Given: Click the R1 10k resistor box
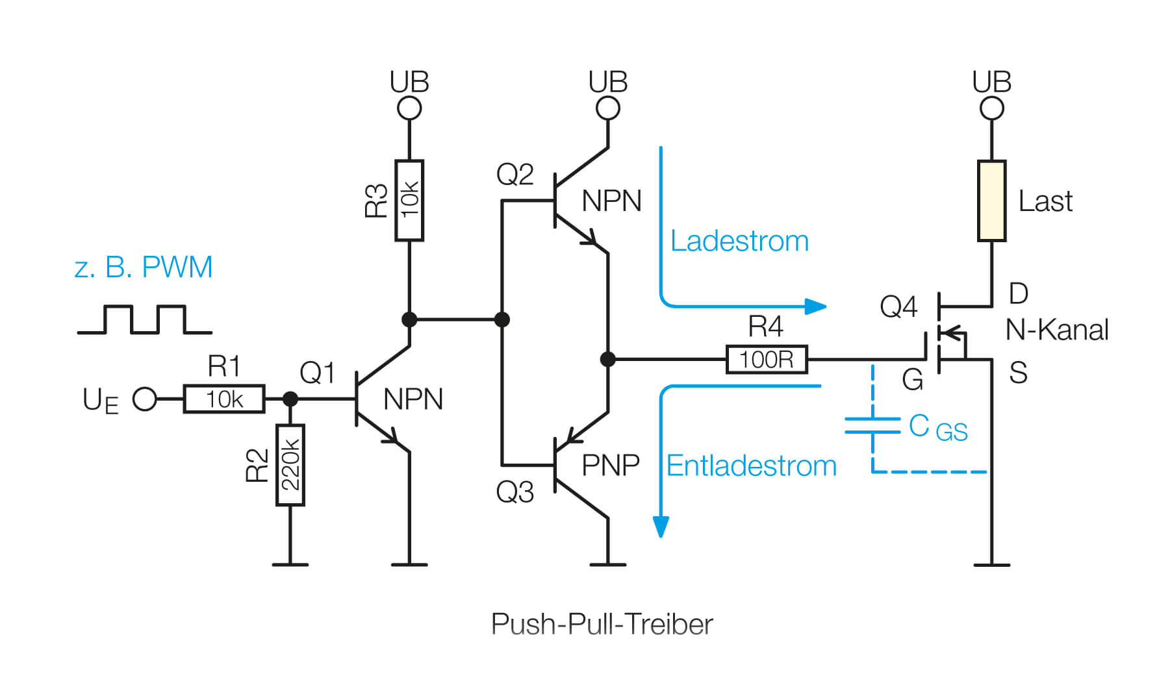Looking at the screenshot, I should [224, 399].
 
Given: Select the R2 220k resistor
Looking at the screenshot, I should [290, 465].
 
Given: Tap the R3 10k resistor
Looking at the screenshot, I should [409, 201].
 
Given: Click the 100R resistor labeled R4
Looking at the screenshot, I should [767, 359].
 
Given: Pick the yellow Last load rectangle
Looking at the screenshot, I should [991, 201].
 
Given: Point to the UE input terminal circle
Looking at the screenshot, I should [144, 399].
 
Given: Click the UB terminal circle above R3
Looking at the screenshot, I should [409, 108].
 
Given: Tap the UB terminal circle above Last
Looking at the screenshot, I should [991, 108].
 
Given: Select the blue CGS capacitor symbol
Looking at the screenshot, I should [872, 426].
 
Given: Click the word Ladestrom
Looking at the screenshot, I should [739, 242].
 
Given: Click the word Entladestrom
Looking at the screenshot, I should [751, 466].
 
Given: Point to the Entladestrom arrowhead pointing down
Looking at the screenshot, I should [661, 527].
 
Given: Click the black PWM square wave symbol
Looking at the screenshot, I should [144, 319].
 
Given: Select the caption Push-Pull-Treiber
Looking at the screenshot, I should [602, 625].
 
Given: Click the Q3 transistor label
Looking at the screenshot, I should [515, 492].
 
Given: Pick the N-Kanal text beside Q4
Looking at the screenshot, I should [1056, 330].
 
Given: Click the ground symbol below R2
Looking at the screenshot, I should [290, 564].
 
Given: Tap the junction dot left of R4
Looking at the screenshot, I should [607, 359].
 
